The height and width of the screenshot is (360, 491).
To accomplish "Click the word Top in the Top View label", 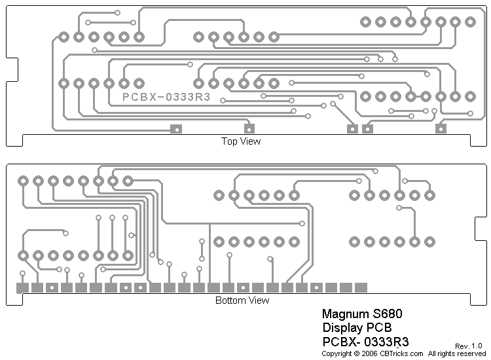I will click(228, 141).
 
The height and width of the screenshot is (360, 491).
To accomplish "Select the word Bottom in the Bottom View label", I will click(230, 301).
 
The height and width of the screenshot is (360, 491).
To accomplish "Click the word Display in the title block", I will click(343, 327).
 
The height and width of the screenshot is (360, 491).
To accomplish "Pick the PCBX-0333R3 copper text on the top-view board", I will click(166, 97).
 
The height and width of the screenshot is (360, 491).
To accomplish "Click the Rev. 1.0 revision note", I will click(468, 346).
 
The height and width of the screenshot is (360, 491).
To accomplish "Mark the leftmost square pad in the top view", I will click(175, 129).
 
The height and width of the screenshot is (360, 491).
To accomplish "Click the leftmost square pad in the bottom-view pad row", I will click(22, 287).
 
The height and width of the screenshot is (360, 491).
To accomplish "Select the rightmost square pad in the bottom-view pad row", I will click(361, 287).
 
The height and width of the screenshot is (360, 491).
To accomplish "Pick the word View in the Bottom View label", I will click(258, 301).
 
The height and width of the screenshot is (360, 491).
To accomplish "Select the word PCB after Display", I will click(380, 327).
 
